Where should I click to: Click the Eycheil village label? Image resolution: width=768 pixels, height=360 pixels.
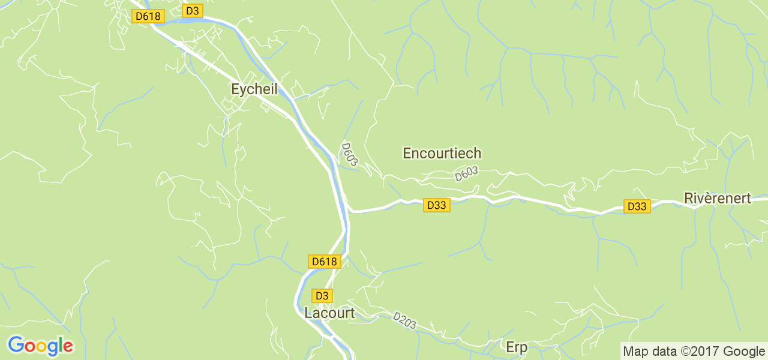(254, 89)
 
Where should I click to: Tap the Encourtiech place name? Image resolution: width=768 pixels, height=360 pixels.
(442, 154)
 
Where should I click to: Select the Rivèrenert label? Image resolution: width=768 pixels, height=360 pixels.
(718, 199)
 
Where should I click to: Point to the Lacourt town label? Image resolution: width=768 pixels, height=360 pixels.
(329, 313)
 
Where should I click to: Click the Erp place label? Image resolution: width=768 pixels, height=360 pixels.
(516, 347)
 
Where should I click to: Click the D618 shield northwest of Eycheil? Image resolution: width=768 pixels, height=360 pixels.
(148, 16)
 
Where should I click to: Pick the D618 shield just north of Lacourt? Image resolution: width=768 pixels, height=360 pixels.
(325, 262)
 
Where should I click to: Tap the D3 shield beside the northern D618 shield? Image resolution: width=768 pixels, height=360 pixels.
(193, 11)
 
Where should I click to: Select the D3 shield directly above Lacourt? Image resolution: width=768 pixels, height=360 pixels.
(322, 296)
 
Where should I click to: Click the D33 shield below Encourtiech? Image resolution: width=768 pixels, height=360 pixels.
(436, 205)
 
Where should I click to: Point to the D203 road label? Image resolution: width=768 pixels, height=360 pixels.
(404, 320)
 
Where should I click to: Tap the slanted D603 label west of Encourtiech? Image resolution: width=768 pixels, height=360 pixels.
(349, 154)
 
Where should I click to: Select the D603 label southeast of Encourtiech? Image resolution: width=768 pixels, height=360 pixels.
(466, 174)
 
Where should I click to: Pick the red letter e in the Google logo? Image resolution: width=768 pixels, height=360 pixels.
(68, 347)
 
